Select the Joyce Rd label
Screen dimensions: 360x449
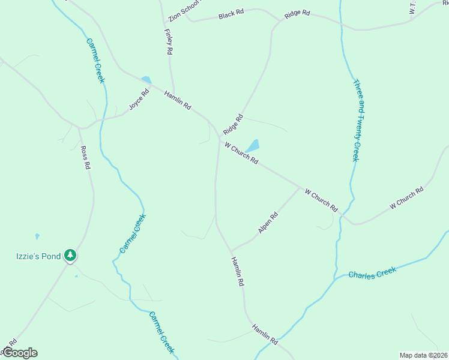pos(138,100)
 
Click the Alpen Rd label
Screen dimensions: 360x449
pos(268,223)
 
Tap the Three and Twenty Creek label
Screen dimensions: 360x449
pos(364,120)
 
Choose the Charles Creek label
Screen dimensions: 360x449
pos(373,274)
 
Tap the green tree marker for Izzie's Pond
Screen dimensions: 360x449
pos(71,256)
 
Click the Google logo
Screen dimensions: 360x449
pos(19,353)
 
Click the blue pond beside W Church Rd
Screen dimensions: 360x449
pos(253,146)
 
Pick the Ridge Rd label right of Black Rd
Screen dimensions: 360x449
pos(297,13)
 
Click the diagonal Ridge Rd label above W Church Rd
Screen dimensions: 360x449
pos(233,124)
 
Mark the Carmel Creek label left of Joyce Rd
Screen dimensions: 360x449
pos(95,61)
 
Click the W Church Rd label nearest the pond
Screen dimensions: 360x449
pos(241,153)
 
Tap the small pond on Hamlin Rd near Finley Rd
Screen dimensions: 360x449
pos(146,80)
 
